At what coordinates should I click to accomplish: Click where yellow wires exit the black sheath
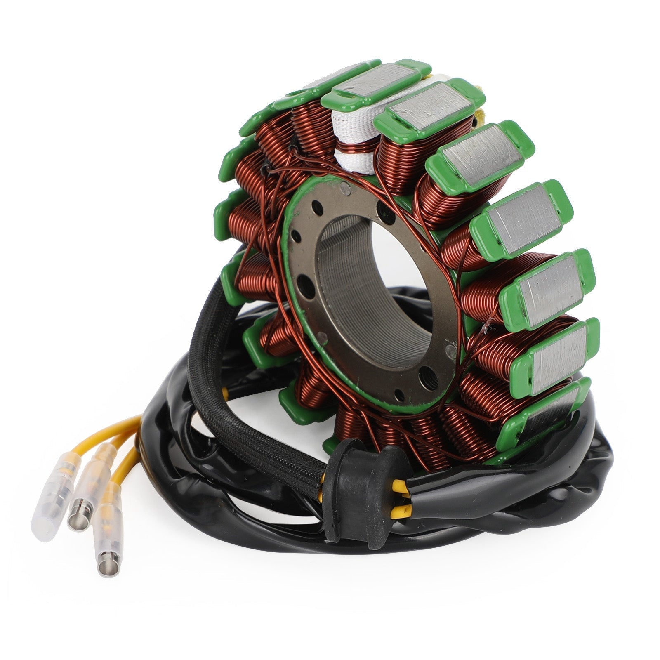click(x=140, y=429)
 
